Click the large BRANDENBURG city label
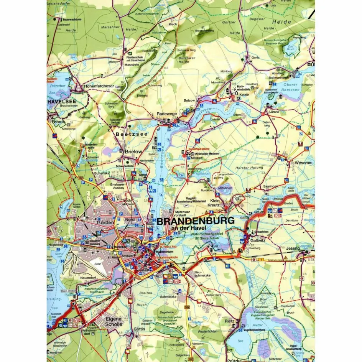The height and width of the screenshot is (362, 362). pos(195,221)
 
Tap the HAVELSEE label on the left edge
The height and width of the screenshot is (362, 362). pos(62,102)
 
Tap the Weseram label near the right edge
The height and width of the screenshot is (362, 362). pos(304,163)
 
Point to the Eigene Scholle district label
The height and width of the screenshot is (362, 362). pos(114,321)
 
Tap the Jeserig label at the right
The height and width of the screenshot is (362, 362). pos(293,248)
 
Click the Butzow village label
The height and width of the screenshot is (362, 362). pos(189,100)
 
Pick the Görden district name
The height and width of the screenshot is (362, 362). pos(105,222)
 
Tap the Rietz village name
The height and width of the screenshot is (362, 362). pos(229,322)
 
